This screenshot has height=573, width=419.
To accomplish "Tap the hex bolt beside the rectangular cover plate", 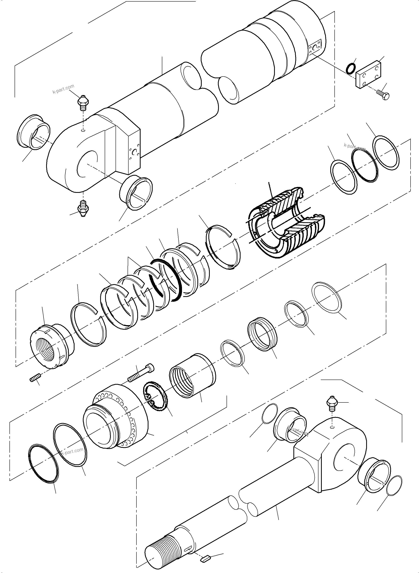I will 383,95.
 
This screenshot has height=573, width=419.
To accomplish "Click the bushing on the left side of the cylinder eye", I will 34,132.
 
